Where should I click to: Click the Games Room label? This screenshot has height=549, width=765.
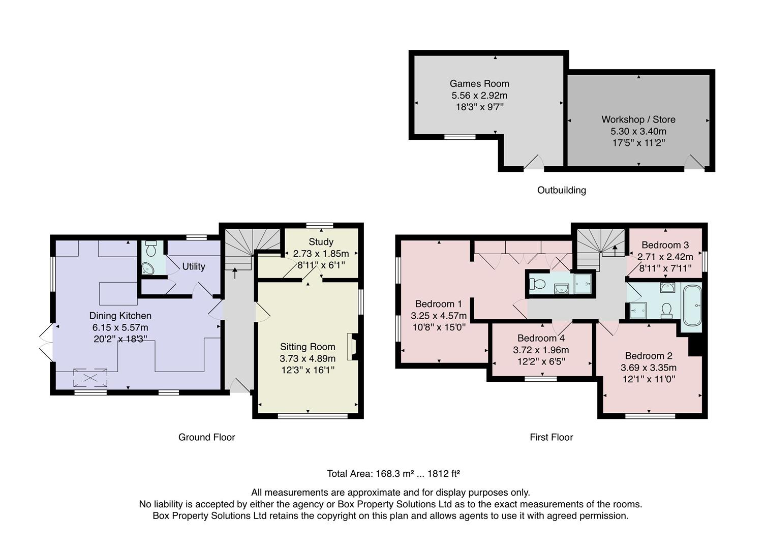pyautogui.click(x=479, y=84)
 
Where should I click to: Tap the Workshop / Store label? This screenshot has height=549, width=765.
pyautogui.click(x=638, y=119)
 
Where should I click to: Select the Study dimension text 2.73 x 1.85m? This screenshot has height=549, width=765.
pyautogui.click(x=321, y=253)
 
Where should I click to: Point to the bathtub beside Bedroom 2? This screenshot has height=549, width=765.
pyautogui.click(x=692, y=306)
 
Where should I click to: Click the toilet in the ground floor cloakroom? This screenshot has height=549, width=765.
pyautogui.click(x=151, y=249)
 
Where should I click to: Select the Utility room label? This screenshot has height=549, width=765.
pyautogui.click(x=194, y=266)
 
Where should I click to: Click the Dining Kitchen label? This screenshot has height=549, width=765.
pyautogui.click(x=120, y=316)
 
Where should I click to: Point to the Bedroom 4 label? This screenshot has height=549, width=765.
pyautogui.click(x=541, y=338)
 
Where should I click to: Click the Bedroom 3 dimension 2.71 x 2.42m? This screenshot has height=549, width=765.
pyautogui.click(x=665, y=257)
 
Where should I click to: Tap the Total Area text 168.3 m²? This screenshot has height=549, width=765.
pyautogui.click(x=393, y=474)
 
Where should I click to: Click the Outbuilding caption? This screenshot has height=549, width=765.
pyautogui.click(x=561, y=190)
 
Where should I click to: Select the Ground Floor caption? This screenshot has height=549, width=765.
pyautogui.click(x=206, y=437)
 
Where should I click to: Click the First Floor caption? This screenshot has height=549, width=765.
pyautogui.click(x=551, y=437)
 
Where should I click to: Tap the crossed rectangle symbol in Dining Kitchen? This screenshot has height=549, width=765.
pyautogui.click(x=91, y=378)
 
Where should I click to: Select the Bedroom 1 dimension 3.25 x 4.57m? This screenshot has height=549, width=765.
pyautogui.click(x=438, y=316)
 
